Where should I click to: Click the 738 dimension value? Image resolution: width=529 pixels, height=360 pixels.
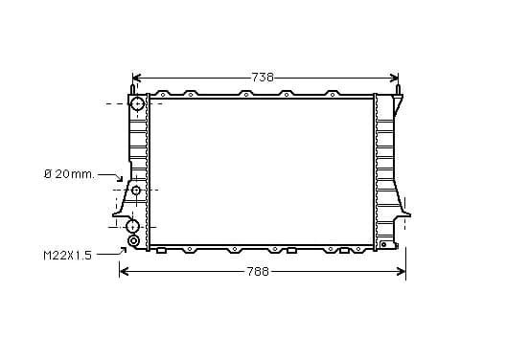click(263, 78)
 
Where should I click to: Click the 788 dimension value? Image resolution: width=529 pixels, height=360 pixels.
click(258, 272)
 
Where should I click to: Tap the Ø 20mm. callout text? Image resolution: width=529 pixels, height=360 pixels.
click(69, 174)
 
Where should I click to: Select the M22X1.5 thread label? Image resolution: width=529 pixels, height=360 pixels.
click(67, 256)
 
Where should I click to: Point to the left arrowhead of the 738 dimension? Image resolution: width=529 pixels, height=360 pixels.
click(137, 79)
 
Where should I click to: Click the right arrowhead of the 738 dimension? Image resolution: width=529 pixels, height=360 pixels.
click(394, 79)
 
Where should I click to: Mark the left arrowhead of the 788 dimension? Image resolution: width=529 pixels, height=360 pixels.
click(124, 271)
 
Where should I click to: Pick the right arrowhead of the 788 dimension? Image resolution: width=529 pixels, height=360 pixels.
click(402, 271)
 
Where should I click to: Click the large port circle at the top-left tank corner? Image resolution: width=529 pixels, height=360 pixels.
click(138, 103)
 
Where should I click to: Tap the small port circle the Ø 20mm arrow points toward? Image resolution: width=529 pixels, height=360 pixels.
click(136, 191)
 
